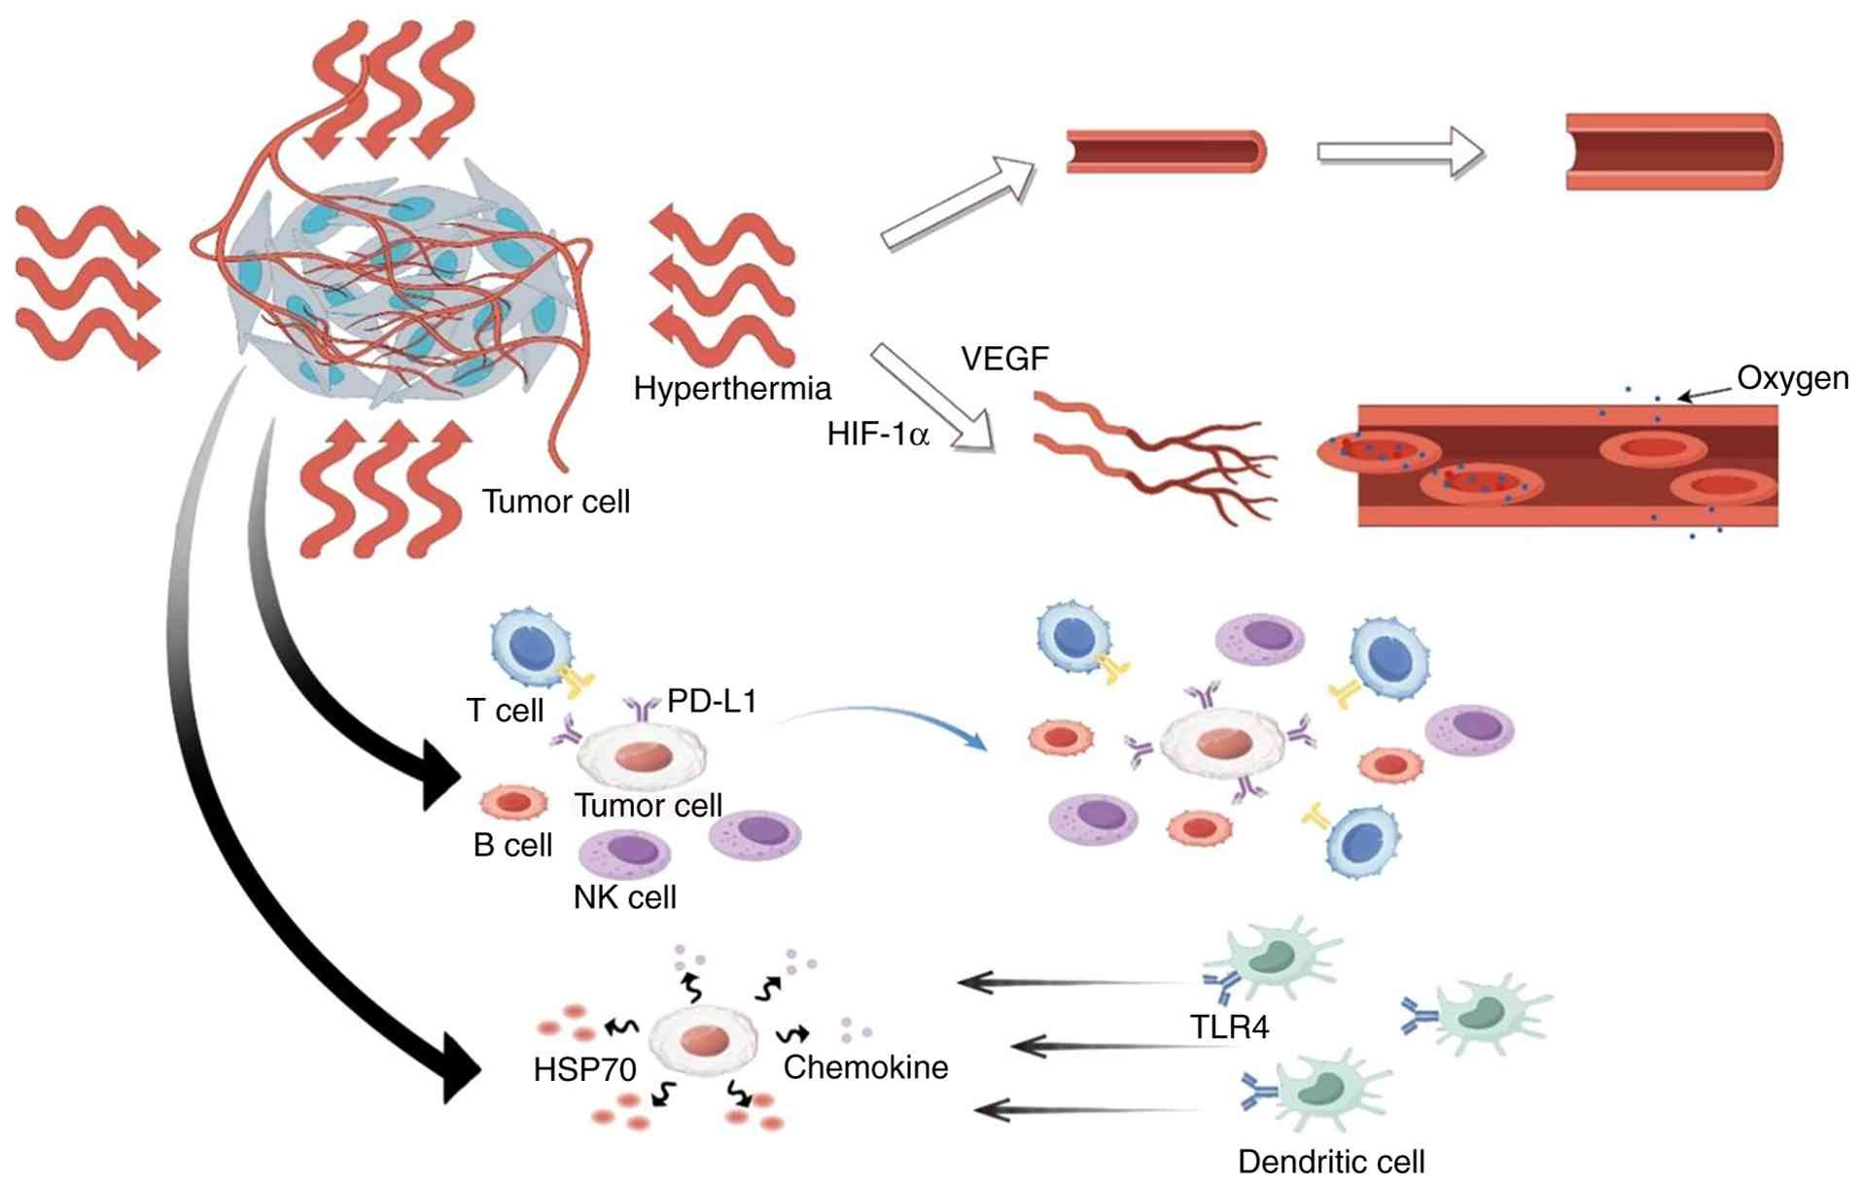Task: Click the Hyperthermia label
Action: tap(732, 389)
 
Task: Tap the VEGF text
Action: tap(1004, 359)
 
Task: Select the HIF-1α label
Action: tap(878, 434)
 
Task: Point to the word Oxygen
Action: tap(1792, 378)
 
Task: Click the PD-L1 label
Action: tap(712, 701)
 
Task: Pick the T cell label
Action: tap(505, 711)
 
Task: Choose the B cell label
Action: tap(512, 845)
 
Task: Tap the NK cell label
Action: tap(624, 896)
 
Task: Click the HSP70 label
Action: tap(584, 1069)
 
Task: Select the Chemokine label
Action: tap(865, 1067)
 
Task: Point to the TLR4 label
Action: tap(1229, 1027)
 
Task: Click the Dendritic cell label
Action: tap(1330, 1162)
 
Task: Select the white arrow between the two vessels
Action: tap(1400, 153)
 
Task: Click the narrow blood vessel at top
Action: tap(1166, 153)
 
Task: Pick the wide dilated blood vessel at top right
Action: tap(1673, 153)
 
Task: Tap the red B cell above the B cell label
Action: tap(514, 802)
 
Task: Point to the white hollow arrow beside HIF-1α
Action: tap(933, 399)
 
